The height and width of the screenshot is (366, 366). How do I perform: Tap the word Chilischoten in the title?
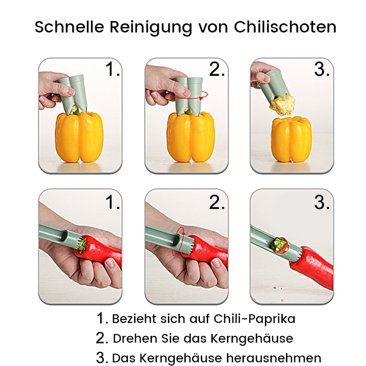click(x=285, y=27)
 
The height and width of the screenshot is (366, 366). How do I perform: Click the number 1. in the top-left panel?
click(x=113, y=70)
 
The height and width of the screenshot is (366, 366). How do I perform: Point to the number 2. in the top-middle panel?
click(x=217, y=70)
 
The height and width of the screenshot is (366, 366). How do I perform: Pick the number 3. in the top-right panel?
click(x=322, y=70)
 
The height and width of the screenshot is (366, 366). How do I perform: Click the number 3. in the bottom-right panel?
click(x=322, y=202)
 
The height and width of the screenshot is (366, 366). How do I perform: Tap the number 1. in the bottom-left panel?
click(x=113, y=202)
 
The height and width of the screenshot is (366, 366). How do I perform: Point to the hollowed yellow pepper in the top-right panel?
click(x=291, y=140)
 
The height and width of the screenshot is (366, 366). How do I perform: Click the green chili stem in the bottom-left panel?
click(x=82, y=246)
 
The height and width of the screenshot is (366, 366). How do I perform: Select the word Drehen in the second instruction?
click(x=133, y=339)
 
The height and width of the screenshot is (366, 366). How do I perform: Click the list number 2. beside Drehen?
click(x=102, y=339)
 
